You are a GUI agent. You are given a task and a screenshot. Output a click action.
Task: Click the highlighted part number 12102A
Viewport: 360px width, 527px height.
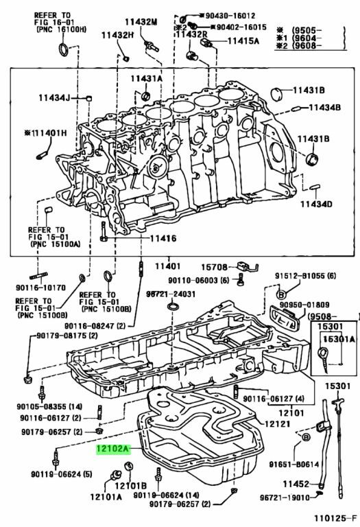113,449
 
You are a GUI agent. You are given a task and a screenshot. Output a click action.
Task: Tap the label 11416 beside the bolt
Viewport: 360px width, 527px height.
163,239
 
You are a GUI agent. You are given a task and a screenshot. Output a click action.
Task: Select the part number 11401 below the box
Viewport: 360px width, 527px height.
167,266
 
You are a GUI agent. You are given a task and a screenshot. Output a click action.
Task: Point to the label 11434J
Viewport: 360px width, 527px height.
54,98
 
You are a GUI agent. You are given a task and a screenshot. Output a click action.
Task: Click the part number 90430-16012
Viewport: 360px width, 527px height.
230,16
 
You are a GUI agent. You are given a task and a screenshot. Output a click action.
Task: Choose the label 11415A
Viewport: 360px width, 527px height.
243,41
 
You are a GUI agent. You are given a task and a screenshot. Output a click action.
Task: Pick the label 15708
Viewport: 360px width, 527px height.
214,267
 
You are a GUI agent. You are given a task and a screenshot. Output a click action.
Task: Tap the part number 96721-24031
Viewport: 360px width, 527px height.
171,294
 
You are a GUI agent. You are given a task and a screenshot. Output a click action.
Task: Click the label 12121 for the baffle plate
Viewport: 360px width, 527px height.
277,424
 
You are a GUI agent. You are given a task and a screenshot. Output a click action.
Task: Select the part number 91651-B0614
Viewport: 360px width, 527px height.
294,465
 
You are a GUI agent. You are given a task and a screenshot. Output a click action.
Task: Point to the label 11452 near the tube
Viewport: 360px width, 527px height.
296,484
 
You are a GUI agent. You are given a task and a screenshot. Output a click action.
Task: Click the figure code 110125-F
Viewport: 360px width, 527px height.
335,518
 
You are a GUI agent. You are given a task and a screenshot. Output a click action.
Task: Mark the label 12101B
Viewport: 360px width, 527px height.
131,486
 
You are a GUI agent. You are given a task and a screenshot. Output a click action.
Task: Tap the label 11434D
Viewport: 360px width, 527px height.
316,204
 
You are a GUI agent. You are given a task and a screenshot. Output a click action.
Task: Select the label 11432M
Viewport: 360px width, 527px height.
141,22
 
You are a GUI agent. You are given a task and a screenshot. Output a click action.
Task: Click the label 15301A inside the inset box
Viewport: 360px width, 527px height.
339,340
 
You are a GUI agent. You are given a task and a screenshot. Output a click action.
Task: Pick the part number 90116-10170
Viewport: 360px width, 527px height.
40,288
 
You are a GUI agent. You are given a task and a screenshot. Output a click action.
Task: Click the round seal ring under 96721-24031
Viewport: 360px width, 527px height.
171,307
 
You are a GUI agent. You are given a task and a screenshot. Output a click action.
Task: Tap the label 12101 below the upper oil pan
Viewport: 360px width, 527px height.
291,412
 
